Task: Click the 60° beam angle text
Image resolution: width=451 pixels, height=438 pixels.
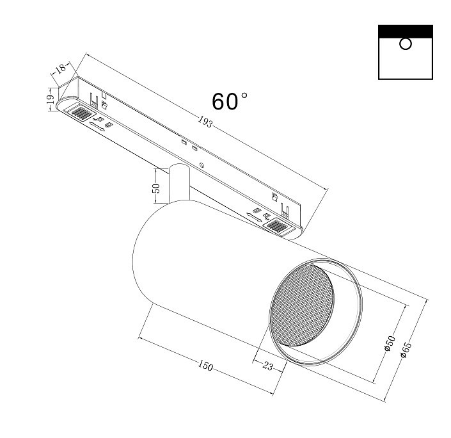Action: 230,102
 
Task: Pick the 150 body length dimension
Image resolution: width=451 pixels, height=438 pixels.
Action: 205,366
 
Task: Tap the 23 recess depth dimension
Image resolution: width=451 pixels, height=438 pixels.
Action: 267,366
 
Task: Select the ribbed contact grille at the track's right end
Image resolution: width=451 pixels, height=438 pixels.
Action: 279,225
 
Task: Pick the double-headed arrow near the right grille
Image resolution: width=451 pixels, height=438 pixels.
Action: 254,220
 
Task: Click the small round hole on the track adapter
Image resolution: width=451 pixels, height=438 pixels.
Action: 202,165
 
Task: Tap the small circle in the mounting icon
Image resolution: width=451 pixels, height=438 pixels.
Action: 405,44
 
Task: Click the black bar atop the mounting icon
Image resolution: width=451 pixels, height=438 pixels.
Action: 405,31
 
